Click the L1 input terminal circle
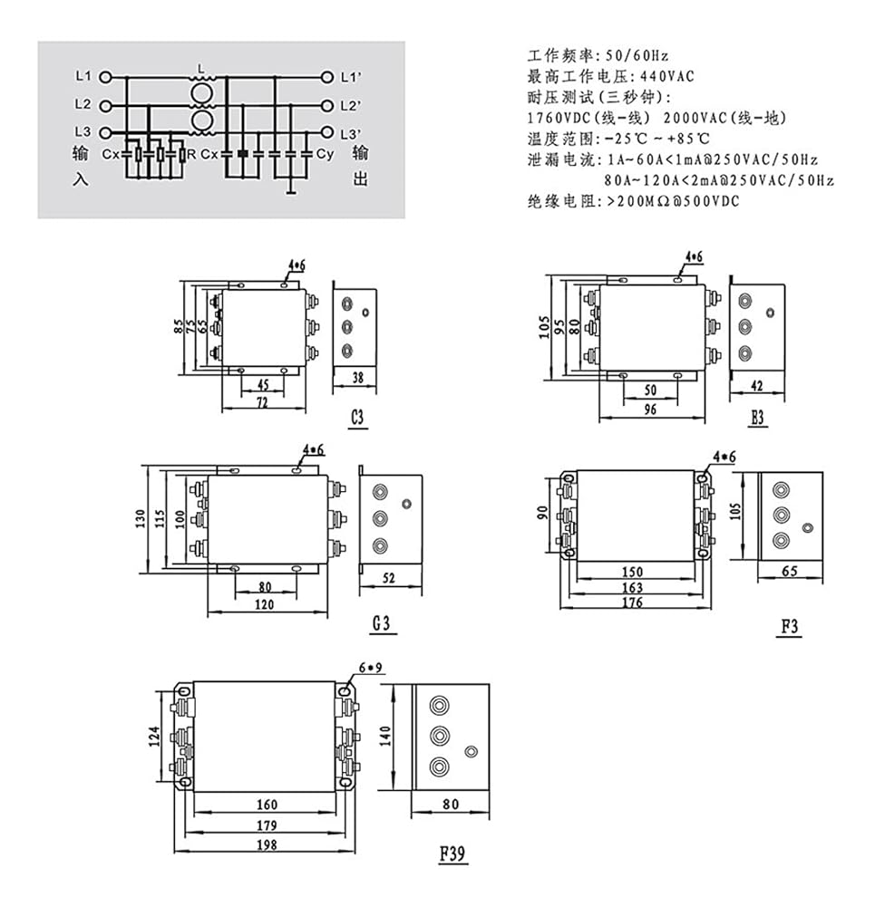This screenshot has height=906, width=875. click(x=105, y=77)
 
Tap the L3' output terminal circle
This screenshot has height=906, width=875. click(x=327, y=133)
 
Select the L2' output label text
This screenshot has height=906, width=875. click(x=351, y=106)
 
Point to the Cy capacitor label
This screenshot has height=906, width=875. click(x=325, y=154)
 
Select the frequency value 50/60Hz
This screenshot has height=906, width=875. click(x=637, y=56)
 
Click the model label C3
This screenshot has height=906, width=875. click(x=357, y=417)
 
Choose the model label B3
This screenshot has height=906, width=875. click(x=757, y=417)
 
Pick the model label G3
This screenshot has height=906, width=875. click(x=381, y=623)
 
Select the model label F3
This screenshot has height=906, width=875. click(x=790, y=626)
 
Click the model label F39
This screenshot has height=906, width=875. click(x=452, y=853)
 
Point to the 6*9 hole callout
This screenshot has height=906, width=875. click(x=370, y=668)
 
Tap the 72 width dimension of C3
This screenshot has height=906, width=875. click(x=262, y=403)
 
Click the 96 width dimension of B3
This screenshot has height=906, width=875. click(x=650, y=410)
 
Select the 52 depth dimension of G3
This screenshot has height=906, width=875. click(x=389, y=578)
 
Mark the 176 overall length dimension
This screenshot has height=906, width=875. click(x=632, y=602)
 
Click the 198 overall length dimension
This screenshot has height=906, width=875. click(x=267, y=845)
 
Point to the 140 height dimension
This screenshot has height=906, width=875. click(x=385, y=736)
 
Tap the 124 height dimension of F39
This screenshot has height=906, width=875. click(x=154, y=737)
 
